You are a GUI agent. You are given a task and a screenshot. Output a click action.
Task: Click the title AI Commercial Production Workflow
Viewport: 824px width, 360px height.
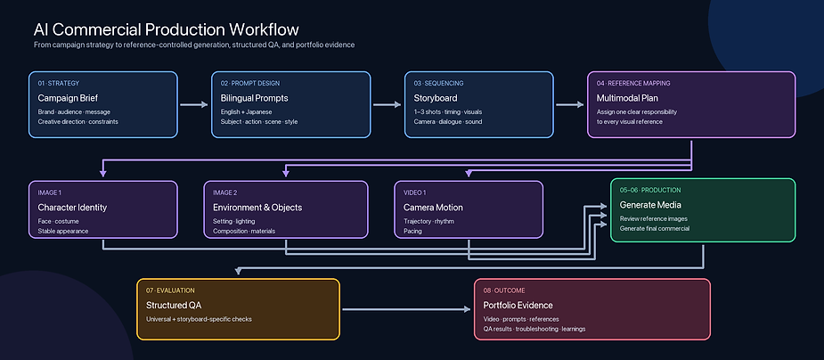pyautogui.click(x=166, y=29)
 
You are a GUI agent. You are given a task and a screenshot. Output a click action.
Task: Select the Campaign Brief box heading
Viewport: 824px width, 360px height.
pyautogui.click(x=68, y=98)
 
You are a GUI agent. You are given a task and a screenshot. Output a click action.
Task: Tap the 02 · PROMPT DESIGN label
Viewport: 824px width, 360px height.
pyautogui.click(x=250, y=83)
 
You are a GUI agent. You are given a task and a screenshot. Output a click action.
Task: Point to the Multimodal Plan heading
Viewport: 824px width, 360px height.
pyautogui.click(x=627, y=98)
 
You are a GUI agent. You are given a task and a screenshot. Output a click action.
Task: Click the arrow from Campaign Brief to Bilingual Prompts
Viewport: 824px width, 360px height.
pyautogui.click(x=194, y=104)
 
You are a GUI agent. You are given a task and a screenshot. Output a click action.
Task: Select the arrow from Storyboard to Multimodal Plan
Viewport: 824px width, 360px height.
pyautogui.click(x=569, y=104)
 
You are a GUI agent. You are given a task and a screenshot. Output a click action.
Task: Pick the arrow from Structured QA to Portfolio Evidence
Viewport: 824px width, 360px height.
pyautogui.click(x=407, y=309)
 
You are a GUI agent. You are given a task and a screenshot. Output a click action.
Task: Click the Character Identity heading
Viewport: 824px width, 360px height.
pyautogui.click(x=72, y=208)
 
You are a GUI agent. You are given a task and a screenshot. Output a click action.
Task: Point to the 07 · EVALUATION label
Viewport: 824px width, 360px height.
pyautogui.click(x=170, y=290)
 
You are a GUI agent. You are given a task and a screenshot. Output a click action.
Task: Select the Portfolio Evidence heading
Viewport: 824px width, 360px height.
pyautogui.click(x=518, y=306)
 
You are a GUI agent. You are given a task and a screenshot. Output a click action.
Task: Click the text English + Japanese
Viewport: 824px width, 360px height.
pyautogui.click(x=247, y=112)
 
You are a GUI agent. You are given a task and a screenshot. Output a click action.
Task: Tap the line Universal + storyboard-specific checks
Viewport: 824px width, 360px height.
pyautogui.click(x=199, y=319)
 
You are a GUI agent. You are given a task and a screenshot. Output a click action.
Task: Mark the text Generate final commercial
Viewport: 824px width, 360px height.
pyautogui.click(x=655, y=228)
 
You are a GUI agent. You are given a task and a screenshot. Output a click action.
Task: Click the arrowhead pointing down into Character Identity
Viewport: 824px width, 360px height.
pyautogui.click(x=103, y=172)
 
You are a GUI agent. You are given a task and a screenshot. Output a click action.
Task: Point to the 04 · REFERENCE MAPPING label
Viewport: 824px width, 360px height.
pyautogui.click(x=633, y=83)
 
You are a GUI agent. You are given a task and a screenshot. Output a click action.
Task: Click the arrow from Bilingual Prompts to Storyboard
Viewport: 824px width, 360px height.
pyautogui.click(x=388, y=104)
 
